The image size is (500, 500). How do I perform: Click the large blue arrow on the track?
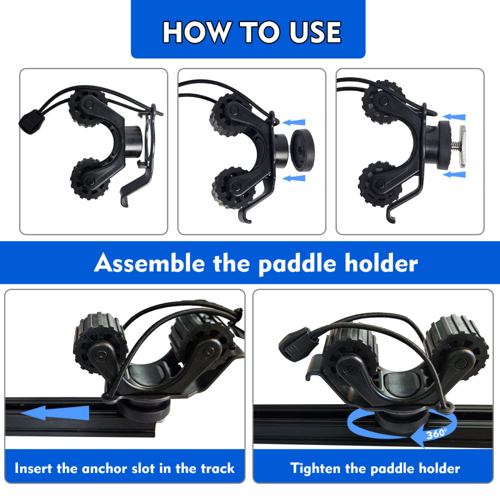click(55, 413)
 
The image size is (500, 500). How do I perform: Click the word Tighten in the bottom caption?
click(317, 468)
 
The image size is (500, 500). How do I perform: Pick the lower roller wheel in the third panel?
click(378, 181)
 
